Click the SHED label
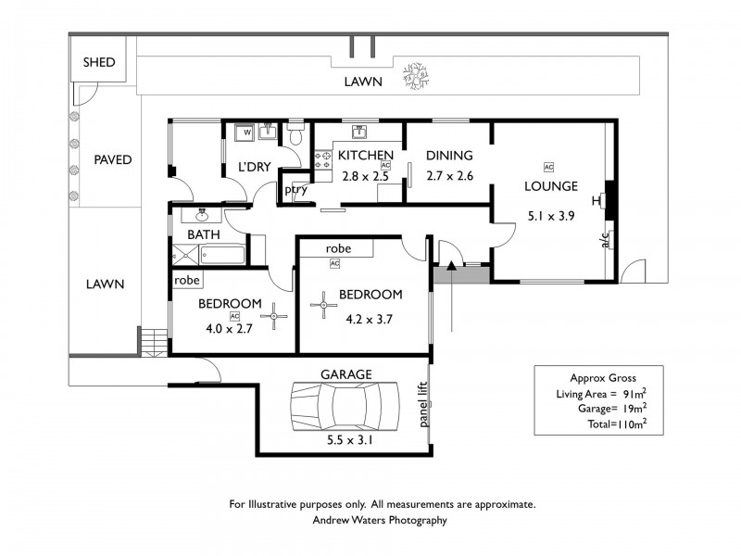[99, 62]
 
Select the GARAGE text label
[345, 374]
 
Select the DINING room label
[449, 155]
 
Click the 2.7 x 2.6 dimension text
[449, 175]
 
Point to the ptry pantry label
[295, 190]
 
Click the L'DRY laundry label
[254, 168]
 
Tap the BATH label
[203, 234]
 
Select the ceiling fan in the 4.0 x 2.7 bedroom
[274, 317]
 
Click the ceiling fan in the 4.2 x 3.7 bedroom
[324, 304]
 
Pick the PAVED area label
[113, 159]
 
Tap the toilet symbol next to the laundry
[296, 136]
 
